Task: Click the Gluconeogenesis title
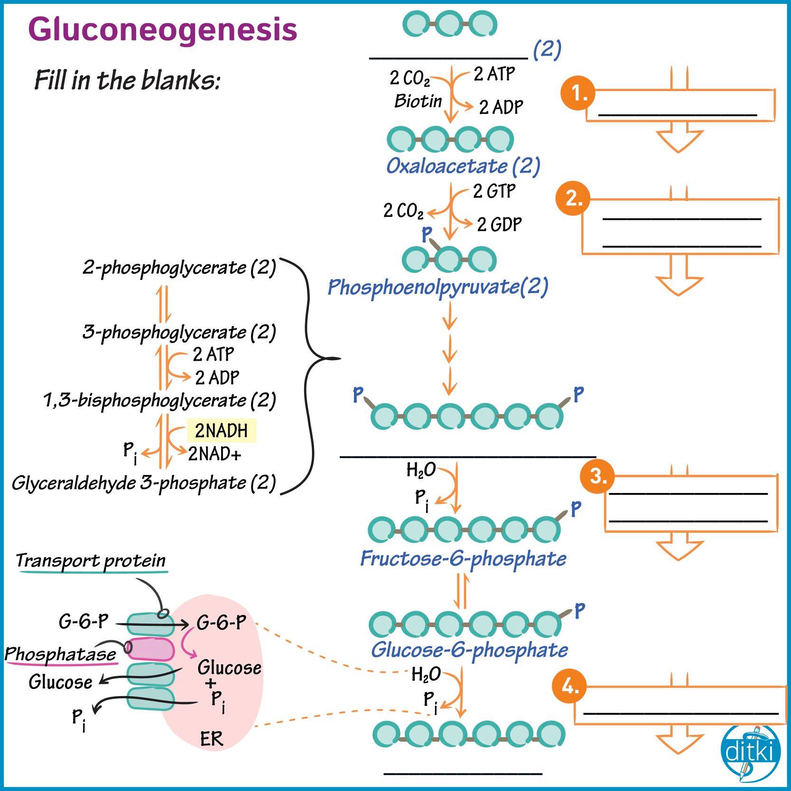click(x=163, y=30)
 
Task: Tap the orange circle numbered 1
click(x=578, y=93)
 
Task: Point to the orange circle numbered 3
click(x=597, y=476)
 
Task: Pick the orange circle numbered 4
click(x=570, y=686)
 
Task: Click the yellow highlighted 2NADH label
click(x=222, y=430)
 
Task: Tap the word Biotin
click(x=418, y=101)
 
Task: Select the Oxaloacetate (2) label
click(x=463, y=166)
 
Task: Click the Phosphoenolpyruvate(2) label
click(x=438, y=287)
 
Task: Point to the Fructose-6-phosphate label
click(x=463, y=558)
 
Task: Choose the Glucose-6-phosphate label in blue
click(x=469, y=650)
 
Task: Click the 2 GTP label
click(x=494, y=191)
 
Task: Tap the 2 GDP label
click(x=499, y=224)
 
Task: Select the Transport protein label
click(x=91, y=560)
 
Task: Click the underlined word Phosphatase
click(x=60, y=654)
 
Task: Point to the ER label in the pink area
click(x=212, y=739)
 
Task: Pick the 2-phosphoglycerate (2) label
click(x=179, y=268)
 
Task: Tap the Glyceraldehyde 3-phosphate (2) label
click(x=144, y=483)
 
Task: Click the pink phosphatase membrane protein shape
click(x=149, y=649)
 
